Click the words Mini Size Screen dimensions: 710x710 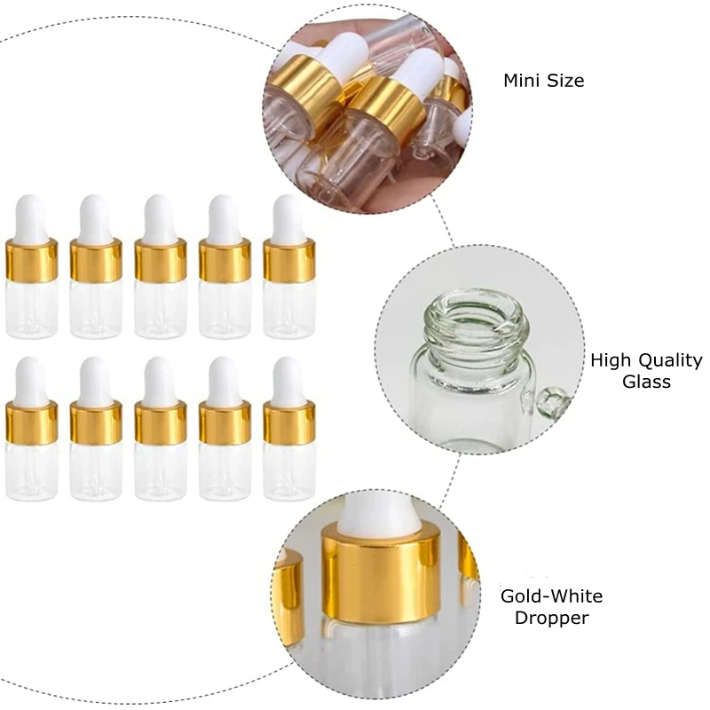pos(544,81)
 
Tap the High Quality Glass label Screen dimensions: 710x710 pos(646,371)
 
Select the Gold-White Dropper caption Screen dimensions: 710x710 pos(551,607)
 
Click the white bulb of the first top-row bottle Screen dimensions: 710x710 pos(31,217)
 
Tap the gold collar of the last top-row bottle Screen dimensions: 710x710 pos(288,260)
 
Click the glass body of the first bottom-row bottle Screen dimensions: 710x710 pos(31,470)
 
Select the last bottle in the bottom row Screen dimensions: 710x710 pos(288,430)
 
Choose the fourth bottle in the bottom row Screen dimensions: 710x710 pos(225,430)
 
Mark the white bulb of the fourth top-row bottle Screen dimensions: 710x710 pos(225,217)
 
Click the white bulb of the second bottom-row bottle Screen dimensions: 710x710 pos(96,379)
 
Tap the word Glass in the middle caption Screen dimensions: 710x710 pos(646,382)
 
